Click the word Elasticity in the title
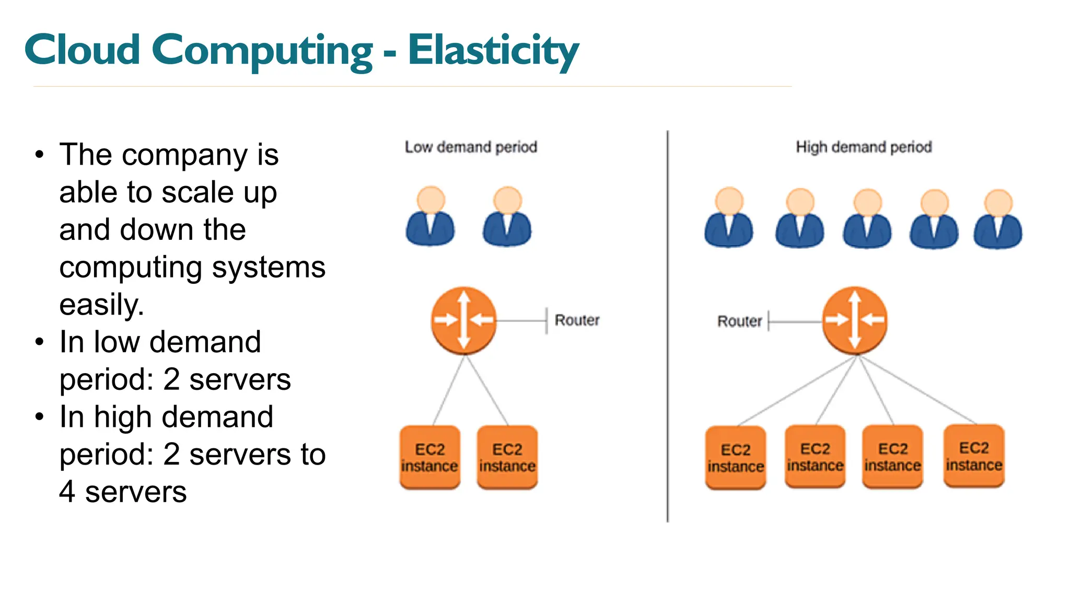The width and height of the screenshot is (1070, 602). point(493,50)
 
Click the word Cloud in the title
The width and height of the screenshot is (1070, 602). point(83,50)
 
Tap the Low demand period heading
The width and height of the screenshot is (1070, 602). point(471,147)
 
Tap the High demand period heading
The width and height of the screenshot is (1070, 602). point(864,147)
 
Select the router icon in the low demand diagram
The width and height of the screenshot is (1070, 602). point(463,320)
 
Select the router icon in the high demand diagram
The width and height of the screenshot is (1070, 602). point(855,320)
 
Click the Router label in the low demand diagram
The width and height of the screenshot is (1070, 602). point(577,320)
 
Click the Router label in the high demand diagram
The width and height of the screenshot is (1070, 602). point(739,321)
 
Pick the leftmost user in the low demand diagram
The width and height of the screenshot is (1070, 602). point(431,216)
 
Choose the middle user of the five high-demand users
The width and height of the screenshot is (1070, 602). point(867,218)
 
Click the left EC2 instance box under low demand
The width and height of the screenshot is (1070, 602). point(430,457)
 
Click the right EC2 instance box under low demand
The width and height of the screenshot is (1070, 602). point(507,457)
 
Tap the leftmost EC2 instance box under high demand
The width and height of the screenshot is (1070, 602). point(736,458)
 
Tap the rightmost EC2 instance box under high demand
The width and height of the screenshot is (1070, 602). point(974,456)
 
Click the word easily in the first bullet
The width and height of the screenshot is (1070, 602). point(101,305)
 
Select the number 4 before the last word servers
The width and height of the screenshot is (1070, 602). point(67,492)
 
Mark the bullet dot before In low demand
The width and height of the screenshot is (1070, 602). point(40,342)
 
